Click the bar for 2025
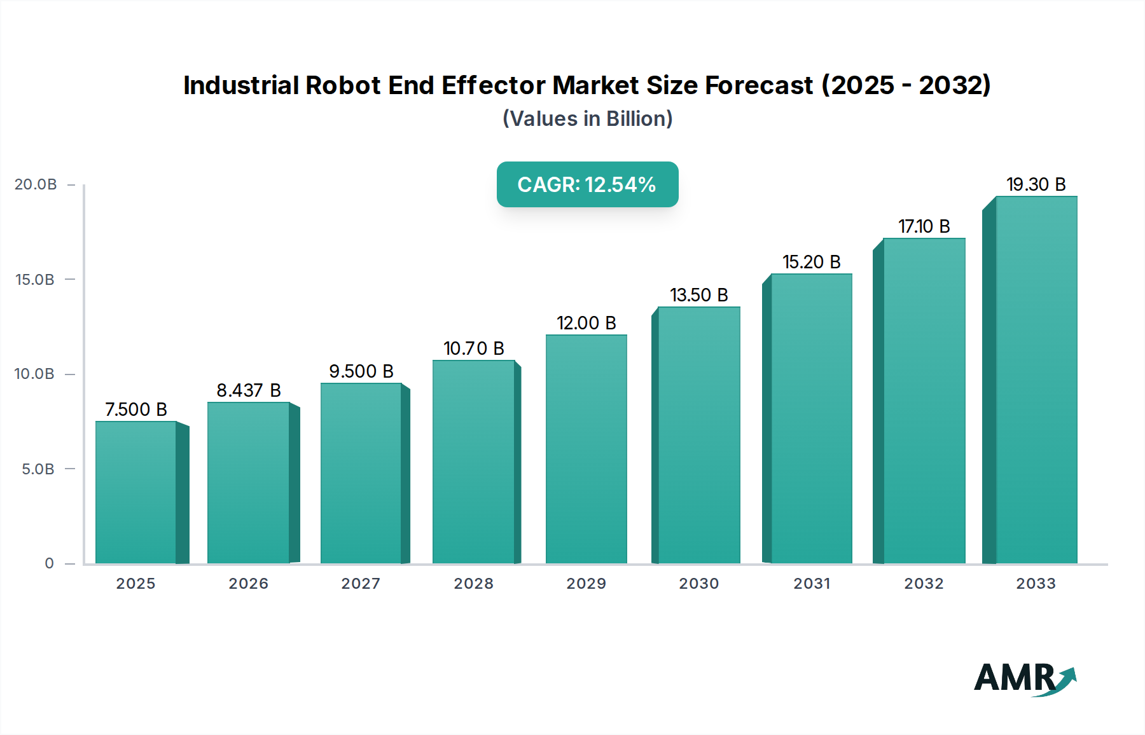[135, 493]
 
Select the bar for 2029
[586, 449]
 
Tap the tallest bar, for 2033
[1036, 380]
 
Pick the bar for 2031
[811, 418]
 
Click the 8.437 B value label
[248, 390]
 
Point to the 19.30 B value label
[1036, 184]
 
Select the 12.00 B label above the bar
[586, 323]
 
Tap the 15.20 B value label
[811, 262]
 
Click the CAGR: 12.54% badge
[587, 184]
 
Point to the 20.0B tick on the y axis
[36, 184]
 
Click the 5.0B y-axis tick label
[38, 469]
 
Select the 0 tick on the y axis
[50, 563]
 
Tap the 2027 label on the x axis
[361, 584]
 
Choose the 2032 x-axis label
[924, 584]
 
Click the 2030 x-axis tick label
[698, 584]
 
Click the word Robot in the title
[343, 85]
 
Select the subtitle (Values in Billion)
[587, 119]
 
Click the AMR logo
[1024, 678]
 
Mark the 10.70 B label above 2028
[473, 348]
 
